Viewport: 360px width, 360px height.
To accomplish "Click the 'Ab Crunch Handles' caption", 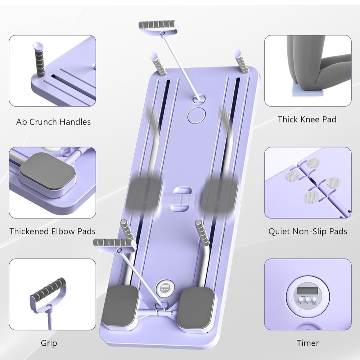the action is (x=53, y=122).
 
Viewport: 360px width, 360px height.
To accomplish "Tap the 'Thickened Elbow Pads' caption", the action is (x=52, y=231).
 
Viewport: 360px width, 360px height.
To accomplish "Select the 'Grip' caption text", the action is (x=49, y=343).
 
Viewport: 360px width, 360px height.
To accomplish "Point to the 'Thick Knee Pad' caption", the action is (x=307, y=120).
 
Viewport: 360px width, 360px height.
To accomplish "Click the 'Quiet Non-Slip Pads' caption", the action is (x=308, y=231).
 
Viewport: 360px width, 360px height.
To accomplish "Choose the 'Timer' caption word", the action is (x=308, y=343).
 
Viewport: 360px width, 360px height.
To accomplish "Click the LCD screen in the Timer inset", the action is (x=308, y=291).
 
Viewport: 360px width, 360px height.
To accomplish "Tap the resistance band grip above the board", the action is (x=158, y=26).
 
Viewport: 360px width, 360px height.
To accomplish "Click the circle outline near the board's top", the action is (x=196, y=115).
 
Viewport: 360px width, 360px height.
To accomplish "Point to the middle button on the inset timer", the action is (x=307, y=299).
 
